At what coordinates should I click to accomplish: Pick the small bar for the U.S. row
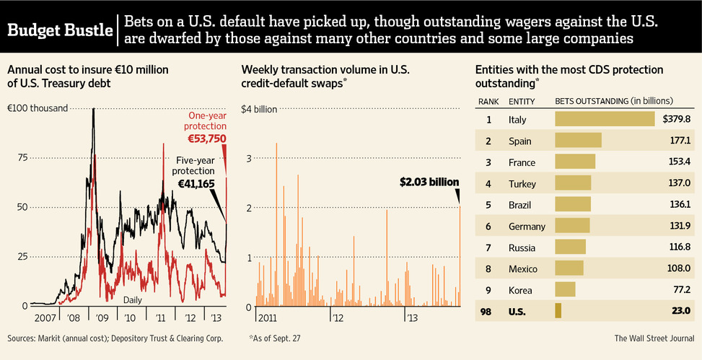[558, 311]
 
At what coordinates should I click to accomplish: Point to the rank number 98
[489, 311]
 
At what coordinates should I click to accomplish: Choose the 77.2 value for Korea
[681, 290]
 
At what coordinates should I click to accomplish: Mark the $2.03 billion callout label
[429, 183]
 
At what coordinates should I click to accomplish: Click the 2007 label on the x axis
[45, 317]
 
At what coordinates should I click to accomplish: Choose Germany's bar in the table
[572, 226]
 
